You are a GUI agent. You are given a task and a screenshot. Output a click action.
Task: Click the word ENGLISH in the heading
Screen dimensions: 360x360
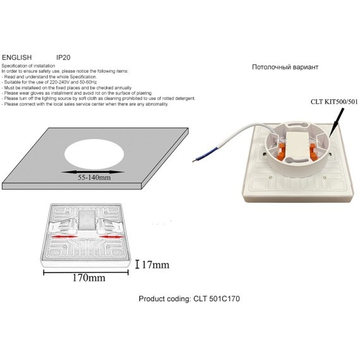coord(17,57)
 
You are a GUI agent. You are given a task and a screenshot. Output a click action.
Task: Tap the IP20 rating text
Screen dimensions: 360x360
coord(63,57)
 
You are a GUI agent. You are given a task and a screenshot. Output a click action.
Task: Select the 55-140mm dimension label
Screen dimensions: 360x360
coord(94,177)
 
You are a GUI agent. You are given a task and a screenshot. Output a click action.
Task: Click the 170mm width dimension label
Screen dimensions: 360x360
coord(89,278)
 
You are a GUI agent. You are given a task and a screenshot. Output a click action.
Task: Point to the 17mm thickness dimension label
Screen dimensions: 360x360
coord(155,265)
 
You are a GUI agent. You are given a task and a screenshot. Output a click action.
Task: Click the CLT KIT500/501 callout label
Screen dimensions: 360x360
coord(334,102)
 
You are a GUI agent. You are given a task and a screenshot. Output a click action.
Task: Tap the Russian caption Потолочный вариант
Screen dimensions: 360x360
coord(285,67)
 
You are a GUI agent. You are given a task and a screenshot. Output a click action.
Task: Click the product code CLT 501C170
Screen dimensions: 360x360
coord(217,299)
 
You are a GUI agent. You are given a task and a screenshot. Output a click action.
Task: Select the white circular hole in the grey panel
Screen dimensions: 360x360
coord(94,154)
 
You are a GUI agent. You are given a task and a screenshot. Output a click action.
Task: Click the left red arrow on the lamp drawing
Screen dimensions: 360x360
coord(64,236)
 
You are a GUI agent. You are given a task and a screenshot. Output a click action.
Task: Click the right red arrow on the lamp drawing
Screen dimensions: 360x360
coord(111,237)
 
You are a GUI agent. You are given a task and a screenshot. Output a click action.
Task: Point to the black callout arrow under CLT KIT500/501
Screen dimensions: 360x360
coord(337,122)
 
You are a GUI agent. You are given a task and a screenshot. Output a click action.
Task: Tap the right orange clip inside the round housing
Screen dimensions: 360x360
coord(313,150)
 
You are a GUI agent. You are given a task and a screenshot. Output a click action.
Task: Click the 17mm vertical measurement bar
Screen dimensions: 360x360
coord(137,264)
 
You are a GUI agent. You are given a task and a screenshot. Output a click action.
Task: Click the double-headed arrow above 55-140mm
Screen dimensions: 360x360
coord(93,172)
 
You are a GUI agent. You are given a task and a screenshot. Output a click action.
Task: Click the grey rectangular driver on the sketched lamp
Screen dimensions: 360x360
coord(87,220)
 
